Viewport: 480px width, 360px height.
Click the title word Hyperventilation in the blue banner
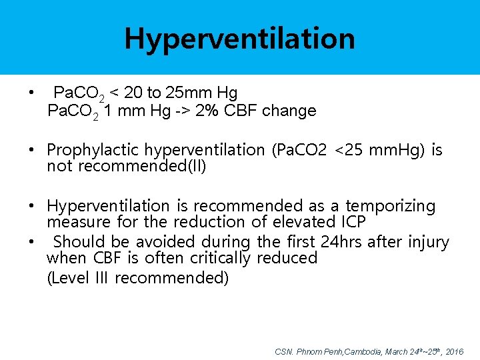click(239, 39)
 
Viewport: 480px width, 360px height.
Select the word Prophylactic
click(93, 150)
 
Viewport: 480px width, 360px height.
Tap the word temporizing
click(390, 207)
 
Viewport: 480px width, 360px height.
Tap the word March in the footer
click(398, 351)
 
